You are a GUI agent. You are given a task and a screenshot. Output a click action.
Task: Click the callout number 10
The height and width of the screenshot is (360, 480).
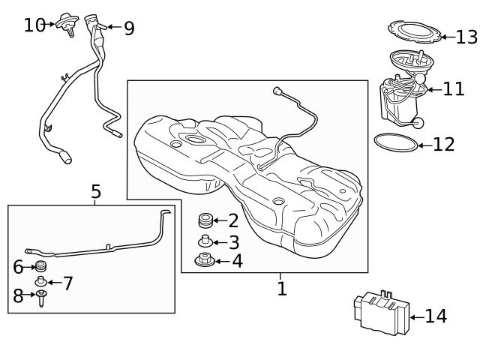34,25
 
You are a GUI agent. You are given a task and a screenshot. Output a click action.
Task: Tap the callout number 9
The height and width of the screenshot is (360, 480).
129,28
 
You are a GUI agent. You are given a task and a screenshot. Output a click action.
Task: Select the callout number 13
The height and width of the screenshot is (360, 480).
466,37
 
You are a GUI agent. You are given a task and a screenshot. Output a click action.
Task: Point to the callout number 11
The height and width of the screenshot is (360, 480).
454,89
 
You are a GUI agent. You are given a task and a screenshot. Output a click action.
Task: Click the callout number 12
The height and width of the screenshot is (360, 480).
444,144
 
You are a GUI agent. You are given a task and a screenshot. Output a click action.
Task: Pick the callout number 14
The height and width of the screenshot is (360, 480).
436,316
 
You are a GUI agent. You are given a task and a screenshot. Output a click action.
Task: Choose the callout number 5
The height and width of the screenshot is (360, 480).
95,192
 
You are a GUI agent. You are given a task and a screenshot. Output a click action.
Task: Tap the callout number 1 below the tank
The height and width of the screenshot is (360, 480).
281,289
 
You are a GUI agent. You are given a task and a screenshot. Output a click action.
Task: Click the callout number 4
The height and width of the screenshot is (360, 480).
237,261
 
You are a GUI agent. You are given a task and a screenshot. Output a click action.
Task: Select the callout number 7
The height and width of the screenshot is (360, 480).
67,283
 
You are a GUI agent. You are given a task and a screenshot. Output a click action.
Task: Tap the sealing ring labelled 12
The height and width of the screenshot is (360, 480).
395,141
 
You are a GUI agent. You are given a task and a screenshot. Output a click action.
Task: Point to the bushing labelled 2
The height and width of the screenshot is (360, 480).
205,220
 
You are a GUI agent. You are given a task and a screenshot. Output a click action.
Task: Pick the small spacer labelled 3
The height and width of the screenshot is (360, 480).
205,241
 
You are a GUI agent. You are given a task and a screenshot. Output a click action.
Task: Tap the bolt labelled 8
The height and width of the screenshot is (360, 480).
41,298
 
